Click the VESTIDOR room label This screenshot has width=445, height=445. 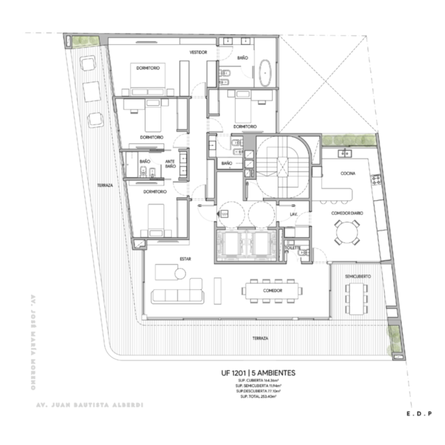198,52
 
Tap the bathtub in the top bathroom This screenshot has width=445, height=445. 265,73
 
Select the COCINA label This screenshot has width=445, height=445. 348,173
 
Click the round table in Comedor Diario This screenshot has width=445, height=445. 347,232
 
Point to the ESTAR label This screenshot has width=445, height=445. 185,259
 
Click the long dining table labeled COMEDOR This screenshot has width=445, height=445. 273,291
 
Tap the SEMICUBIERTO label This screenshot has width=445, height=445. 358,277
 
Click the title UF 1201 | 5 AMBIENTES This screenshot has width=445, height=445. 258,373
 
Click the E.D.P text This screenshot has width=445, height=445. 419,414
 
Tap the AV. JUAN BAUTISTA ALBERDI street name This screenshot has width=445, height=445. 90,405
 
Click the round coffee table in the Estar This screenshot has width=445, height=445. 180,273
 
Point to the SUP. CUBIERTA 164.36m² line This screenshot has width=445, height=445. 258,380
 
